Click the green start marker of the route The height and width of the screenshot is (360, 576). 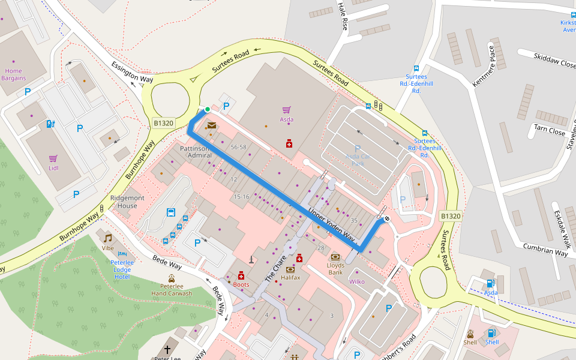[x=207, y=109]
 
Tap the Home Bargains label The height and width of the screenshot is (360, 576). [x=13, y=74]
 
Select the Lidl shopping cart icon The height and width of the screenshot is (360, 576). [x=53, y=159]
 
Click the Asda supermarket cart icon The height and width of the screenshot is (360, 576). [x=287, y=110]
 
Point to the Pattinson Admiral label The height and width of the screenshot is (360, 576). [x=196, y=151]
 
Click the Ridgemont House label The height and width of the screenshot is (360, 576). [x=127, y=202]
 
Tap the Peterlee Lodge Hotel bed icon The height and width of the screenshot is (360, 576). [x=122, y=254]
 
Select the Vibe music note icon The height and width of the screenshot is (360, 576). [x=108, y=238]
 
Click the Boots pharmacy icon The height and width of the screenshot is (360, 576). [x=241, y=275]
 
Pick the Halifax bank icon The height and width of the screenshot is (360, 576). [x=290, y=269]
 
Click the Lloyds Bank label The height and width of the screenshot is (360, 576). [x=335, y=268]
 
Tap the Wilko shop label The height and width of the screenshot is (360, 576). [x=356, y=281]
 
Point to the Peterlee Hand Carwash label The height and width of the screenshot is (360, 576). [x=172, y=290]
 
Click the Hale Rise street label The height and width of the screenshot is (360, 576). [x=343, y=16]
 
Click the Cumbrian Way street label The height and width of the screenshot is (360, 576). [x=545, y=250]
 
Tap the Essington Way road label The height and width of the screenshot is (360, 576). [x=132, y=71]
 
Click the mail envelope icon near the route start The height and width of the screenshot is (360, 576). [x=212, y=125]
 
